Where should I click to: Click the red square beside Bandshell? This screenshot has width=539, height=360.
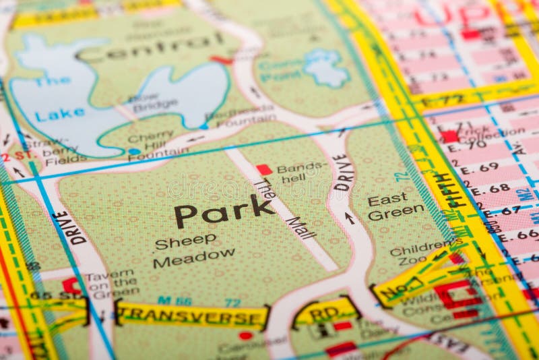point(264,169)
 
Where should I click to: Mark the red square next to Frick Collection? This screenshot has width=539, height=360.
point(449,136)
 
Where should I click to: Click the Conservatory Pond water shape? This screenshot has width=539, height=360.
point(326,67)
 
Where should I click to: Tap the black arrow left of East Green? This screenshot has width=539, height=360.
point(349,218)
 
